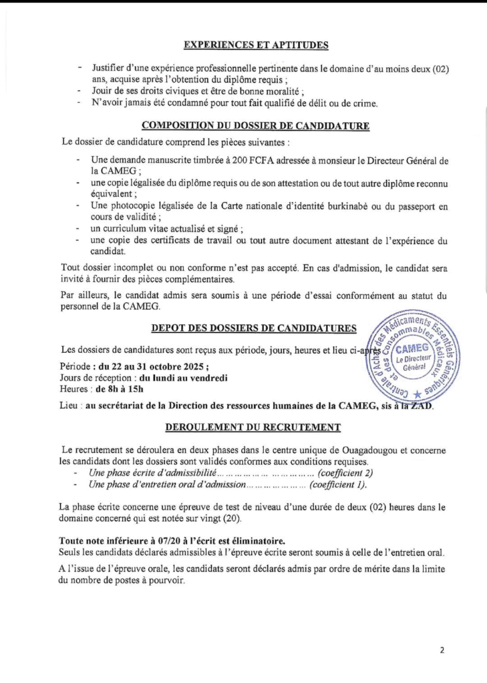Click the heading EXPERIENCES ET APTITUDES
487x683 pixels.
pyautogui.click(x=256, y=46)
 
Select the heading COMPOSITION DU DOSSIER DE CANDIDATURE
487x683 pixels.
pyautogui.click(x=256, y=125)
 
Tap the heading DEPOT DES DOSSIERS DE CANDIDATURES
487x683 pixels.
pyautogui.click(x=254, y=328)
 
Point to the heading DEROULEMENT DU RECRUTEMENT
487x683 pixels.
pyautogui.click(x=255, y=427)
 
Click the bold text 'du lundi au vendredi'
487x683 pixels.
pyautogui.click(x=174, y=378)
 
